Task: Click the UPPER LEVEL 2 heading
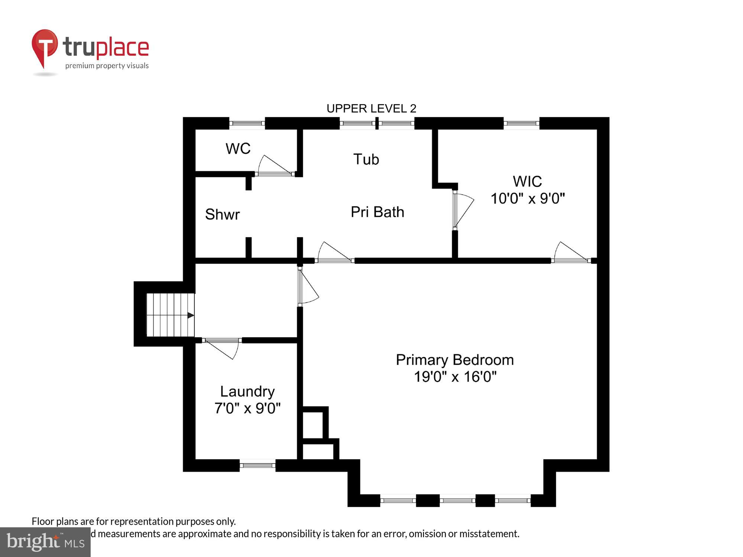click(371, 108)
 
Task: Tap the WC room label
click(238, 149)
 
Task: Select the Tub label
click(366, 159)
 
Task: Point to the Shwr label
click(222, 214)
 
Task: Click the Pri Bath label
click(377, 212)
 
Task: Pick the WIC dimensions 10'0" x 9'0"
click(528, 199)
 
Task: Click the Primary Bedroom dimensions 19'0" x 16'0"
click(455, 377)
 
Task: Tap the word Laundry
click(247, 391)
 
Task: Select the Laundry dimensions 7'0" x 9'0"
click(247, 408)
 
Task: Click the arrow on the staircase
click(190, 315)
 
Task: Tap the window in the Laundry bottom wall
click(257, 465)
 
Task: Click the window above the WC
click(247, 123)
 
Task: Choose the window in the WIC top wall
click(521, 123)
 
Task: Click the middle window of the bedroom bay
click(457, 501)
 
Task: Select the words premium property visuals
click(107, 66)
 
